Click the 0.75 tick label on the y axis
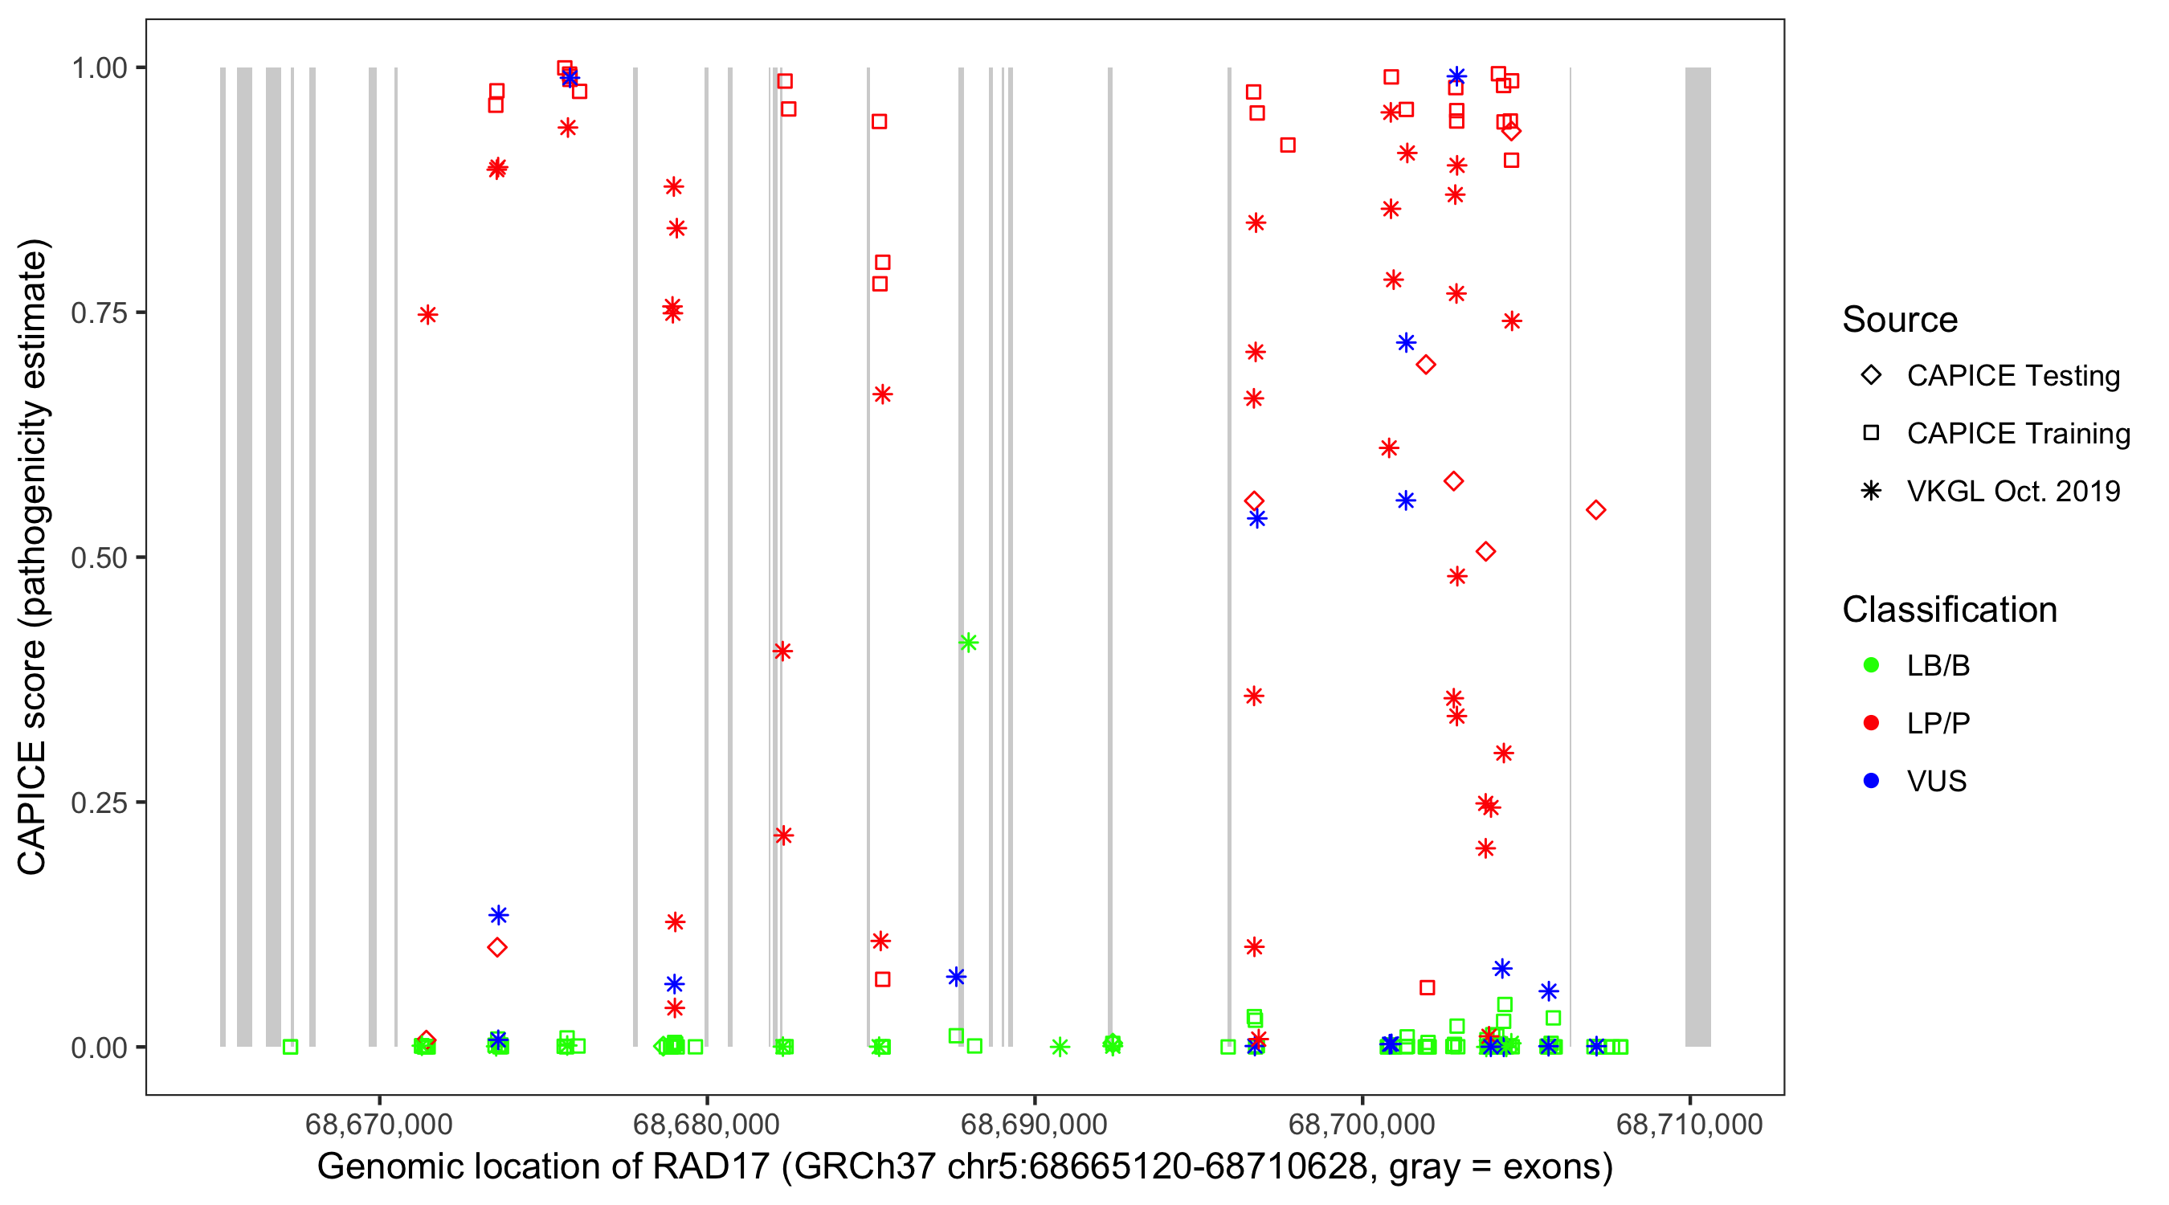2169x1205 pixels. (98, 313)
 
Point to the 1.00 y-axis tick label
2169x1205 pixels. (98, 68)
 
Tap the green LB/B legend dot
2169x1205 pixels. (1871, 665)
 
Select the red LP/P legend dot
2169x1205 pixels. (1871, 723)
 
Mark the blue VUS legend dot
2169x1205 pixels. (1871, 782)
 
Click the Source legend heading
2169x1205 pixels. (1900, 320)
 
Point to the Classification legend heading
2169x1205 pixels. (1949, 610)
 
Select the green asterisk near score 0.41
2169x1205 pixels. (968, 643)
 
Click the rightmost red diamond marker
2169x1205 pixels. (1595, 510)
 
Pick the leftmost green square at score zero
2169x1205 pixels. (291, 1048)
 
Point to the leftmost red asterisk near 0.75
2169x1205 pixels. (427, 315)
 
